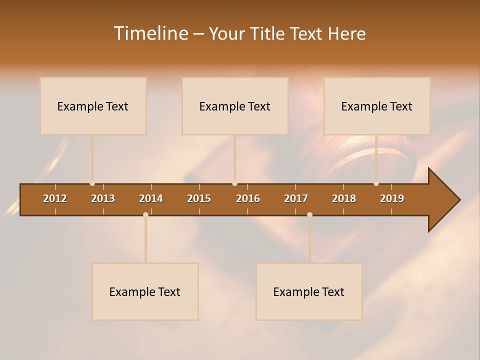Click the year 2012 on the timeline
click(x=55, y=198)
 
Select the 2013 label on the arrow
click(x=103, y=198)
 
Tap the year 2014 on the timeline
click(x=151, y=198)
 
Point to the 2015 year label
click(x=199, y=198)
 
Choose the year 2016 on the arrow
click(x=248, y=198)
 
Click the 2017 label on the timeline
click(x=296, y=198)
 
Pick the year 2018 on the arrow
click(x=344, y=198)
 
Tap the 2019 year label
click(x=392, y=198)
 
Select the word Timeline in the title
click(x=150, y=33)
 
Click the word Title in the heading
click(x=267, y=34)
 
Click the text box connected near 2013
click(x=93, y=106)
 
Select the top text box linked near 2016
click(x=235, y=106)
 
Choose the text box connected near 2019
click(x=377, y=106)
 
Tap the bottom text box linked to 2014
click(x=145, y=291)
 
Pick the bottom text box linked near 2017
click(x=309, y=291)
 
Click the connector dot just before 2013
click(x=92, y=183)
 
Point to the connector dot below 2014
click(x=145, y=214)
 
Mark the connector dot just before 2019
click(x=376, y=183)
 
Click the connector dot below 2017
click(x=309, y=214)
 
